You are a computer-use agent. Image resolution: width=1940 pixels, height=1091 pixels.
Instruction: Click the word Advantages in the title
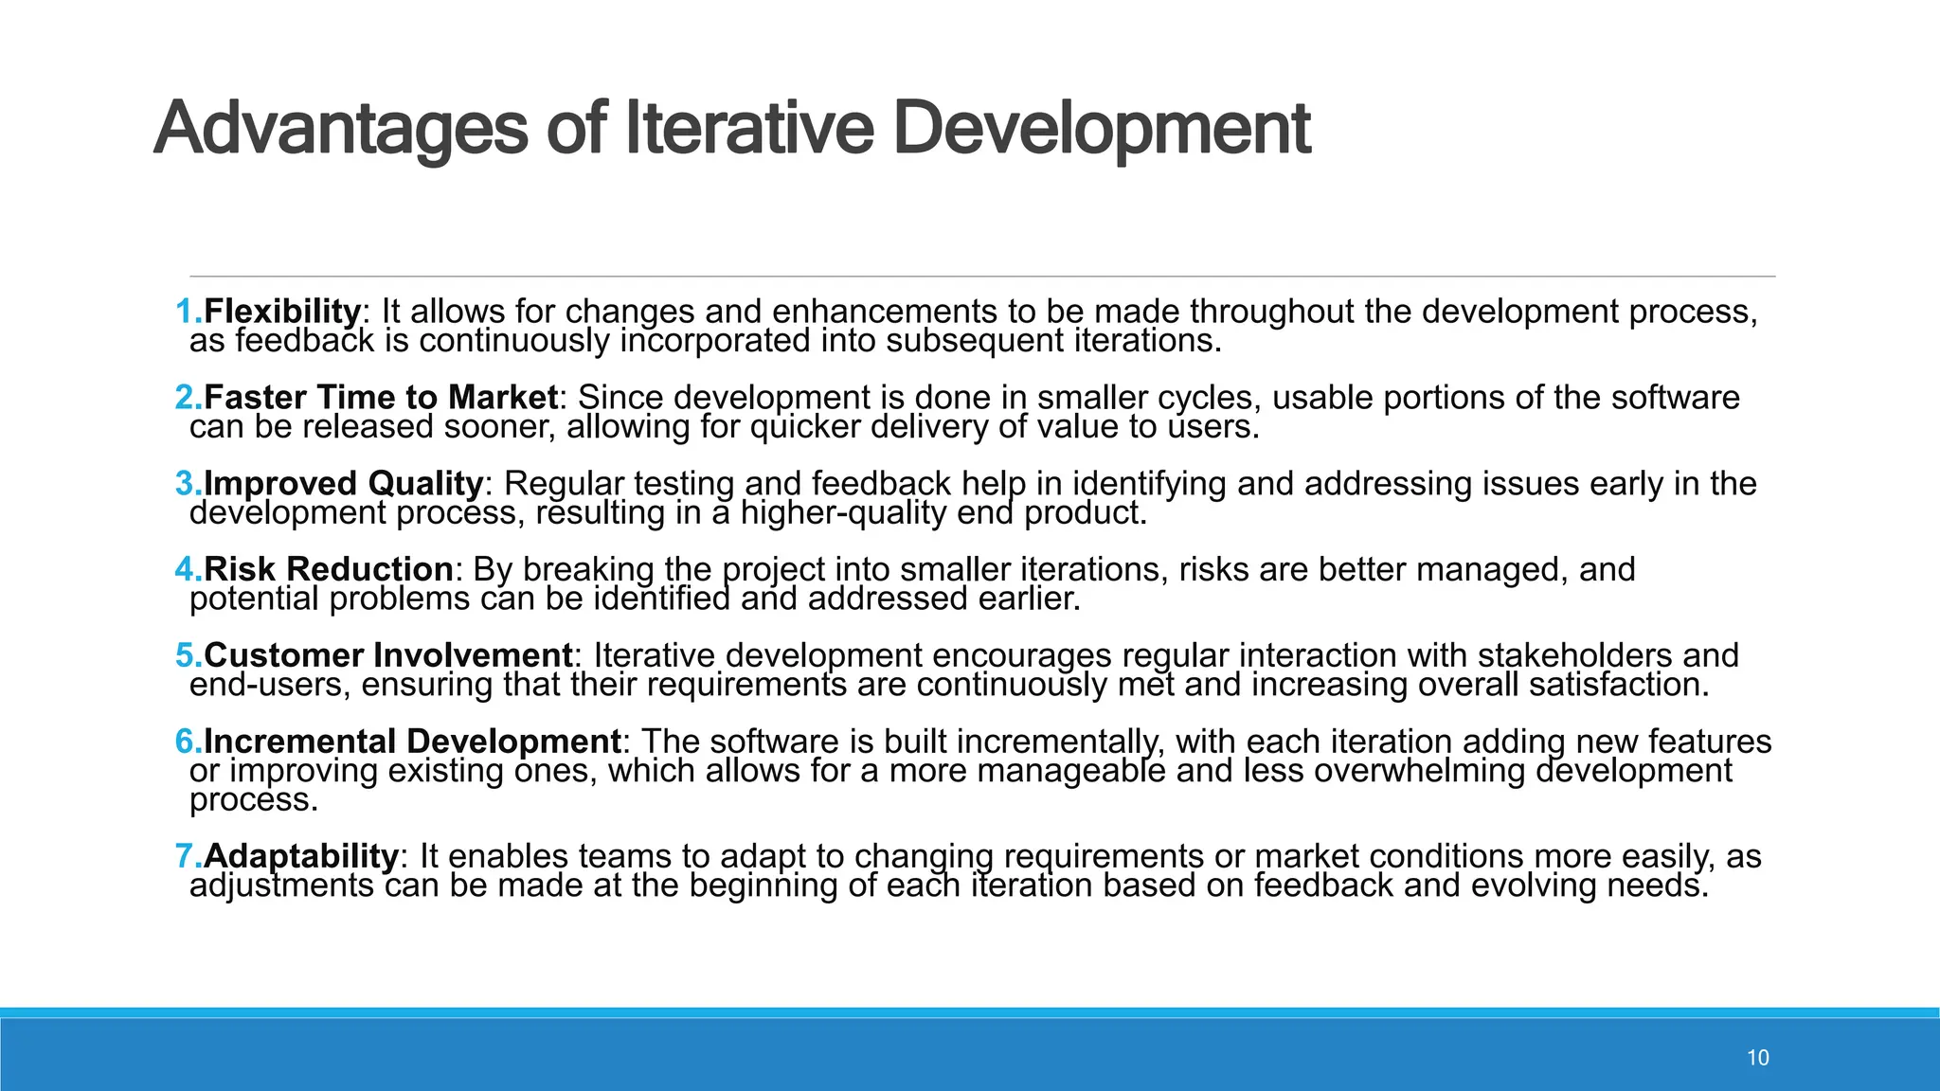[340, 130]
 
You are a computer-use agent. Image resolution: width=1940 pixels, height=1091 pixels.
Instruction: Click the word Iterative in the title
[748, 130]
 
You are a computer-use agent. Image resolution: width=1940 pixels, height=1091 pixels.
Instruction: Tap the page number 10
[1757, 1058]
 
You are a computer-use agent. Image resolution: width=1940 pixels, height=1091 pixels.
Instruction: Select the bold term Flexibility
[282, 311]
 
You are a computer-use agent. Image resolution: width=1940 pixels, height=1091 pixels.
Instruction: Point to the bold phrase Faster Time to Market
[381, 397]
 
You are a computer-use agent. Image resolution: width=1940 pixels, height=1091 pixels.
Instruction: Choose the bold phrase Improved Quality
[343, 483]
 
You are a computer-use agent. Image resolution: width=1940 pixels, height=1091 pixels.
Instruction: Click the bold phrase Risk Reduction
[329, 569]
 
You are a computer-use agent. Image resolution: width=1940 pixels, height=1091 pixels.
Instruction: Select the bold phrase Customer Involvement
[388, 655]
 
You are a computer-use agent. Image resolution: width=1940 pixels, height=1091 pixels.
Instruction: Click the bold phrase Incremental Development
[412, 742]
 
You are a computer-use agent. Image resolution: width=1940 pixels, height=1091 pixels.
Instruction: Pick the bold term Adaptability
[301, 856]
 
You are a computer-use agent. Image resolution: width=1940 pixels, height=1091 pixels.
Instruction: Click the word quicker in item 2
[805, 427]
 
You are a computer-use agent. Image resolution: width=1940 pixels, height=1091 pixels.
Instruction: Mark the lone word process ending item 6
[253, 801]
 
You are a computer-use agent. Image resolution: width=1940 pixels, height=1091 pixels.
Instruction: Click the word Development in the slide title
[1102, 130]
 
